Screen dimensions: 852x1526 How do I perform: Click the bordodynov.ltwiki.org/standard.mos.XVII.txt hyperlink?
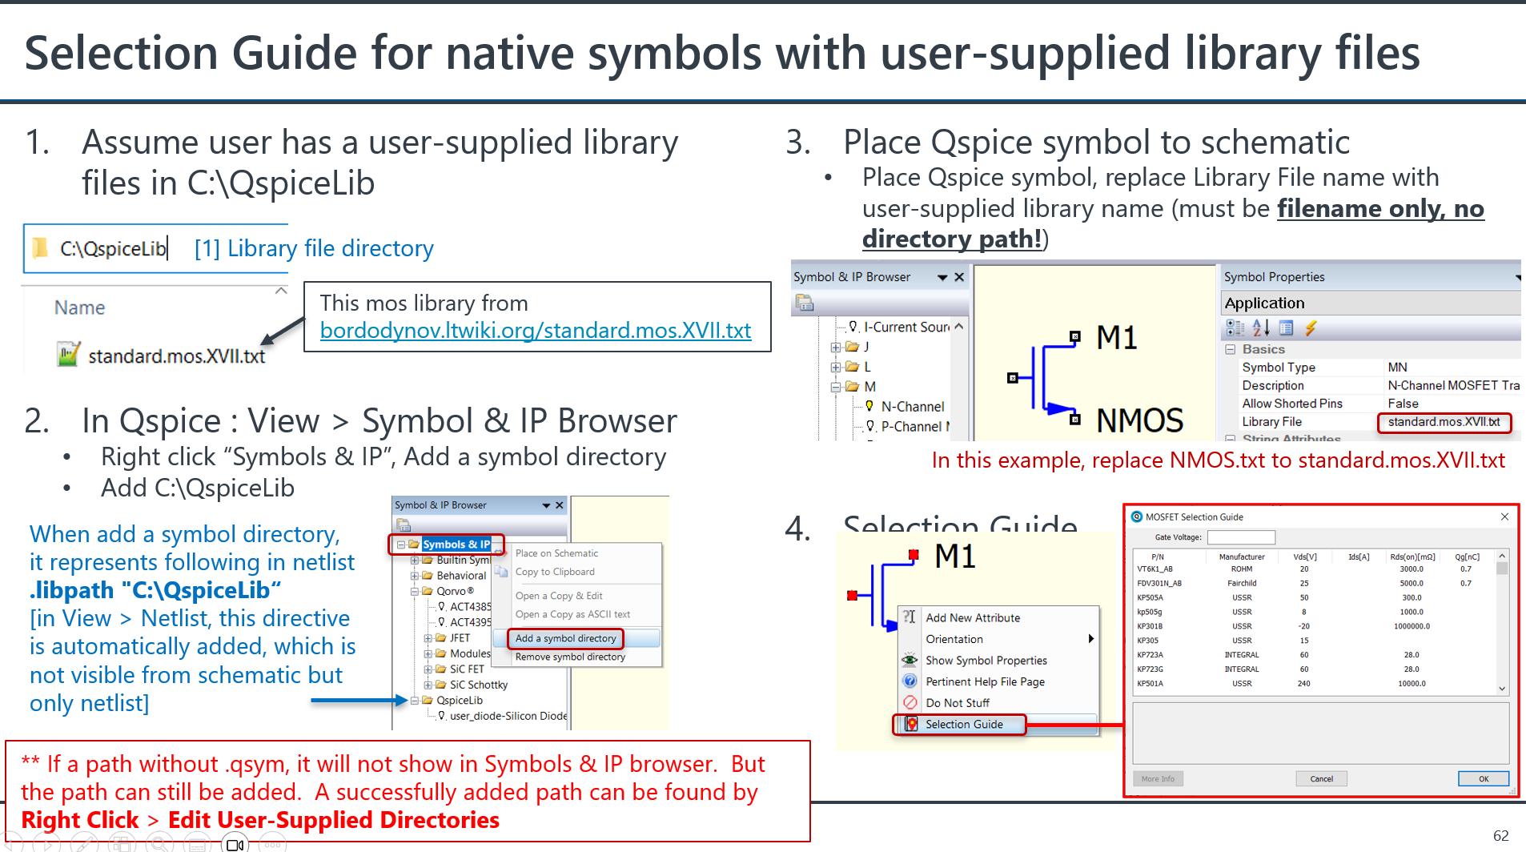click(535, 330)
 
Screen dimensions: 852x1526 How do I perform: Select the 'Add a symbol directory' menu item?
click(565, 638)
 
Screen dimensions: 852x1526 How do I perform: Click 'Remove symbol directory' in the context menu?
click(570, 657)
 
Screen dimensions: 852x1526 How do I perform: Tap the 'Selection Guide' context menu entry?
click(964, 724)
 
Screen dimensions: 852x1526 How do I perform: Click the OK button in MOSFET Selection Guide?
click(1483, 778)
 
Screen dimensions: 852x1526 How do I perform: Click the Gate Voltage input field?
click(1240, 537)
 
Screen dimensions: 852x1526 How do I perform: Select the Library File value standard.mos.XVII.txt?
click(1444, 422)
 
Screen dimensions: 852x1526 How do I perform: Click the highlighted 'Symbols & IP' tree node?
click(456, 545)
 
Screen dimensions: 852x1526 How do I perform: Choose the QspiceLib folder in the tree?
click(460, 700)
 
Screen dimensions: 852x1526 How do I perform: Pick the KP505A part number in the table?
click(1151, 597)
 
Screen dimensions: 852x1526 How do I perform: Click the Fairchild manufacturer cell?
click(1242, 583)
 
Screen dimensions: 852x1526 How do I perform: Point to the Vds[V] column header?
click(1304, 557)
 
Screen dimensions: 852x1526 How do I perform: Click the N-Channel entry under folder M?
click(912, 407)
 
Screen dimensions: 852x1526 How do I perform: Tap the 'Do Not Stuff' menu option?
click(958, 703)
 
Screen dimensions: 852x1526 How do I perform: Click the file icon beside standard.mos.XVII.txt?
click(68, 354)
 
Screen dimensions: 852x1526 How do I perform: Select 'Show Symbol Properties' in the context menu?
click(986, 661)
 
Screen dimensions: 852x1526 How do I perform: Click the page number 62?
click(1501, 835)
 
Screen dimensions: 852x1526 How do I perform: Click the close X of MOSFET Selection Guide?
click(1504, 517)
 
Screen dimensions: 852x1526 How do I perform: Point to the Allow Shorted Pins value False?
click(1403, 404)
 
